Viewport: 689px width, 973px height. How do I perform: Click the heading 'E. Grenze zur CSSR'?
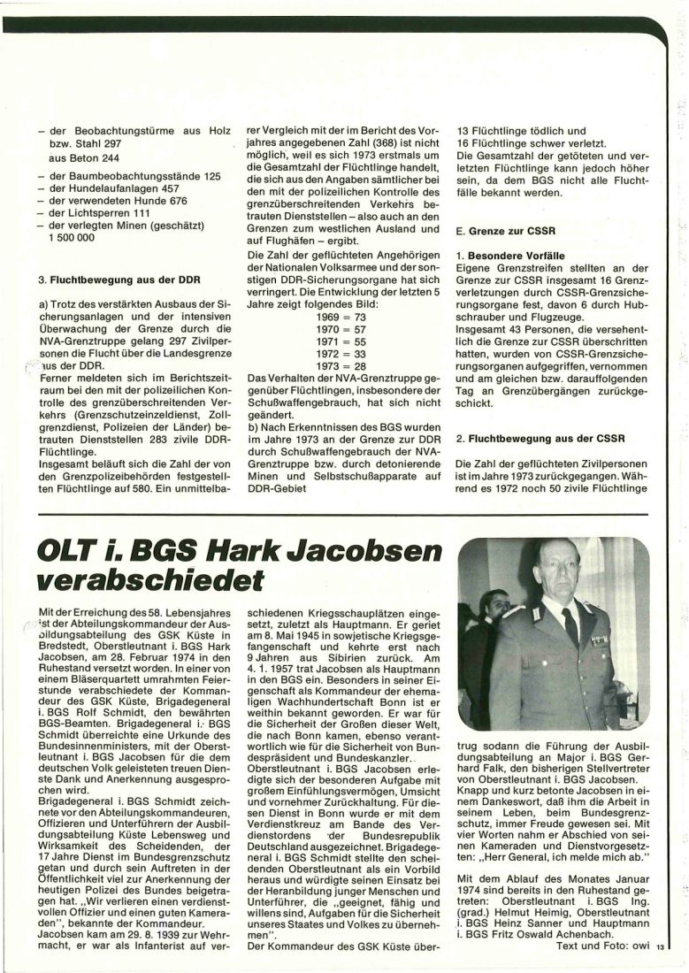tap(505, 232)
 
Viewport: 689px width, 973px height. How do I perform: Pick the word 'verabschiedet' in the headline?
tap(150, 581)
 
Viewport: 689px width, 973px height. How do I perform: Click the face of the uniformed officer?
tap(561, 573)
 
